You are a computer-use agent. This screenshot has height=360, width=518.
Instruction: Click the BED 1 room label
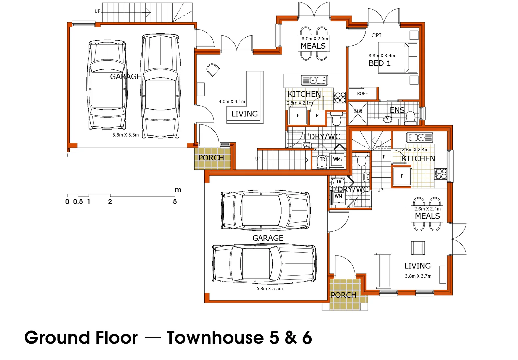(x=379, y=63)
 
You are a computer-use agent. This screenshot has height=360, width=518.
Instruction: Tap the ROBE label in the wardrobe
(x=362, y=94)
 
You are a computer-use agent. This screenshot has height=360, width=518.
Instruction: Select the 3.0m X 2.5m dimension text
(x=315, y=39)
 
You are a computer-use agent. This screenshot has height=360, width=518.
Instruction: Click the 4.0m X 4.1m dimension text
(x=232, y=102)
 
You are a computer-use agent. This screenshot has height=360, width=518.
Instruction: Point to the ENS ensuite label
(x=397, y=110)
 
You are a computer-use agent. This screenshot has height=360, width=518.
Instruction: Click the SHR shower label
(x=358, y=111)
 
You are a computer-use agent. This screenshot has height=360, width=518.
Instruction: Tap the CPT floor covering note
(x=376, y=35)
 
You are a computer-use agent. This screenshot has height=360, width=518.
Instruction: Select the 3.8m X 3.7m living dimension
(x=418, y=276)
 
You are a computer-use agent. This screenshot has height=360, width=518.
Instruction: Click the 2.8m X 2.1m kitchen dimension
(x=300, y=103)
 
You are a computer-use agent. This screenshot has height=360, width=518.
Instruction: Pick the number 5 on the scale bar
(x=175, y=202)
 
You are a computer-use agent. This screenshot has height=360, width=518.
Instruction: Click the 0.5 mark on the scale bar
(x=78, y=202)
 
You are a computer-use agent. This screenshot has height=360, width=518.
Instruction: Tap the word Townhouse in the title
(x=215, y=338)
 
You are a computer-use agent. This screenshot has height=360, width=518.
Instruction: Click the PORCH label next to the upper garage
(x=211, y=158)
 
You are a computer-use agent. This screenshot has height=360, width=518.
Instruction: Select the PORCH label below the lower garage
(x=343, y=295)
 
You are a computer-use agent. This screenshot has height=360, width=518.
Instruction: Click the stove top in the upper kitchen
(x=339, y=97)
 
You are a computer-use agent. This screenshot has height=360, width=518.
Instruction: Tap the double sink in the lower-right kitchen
(x=419, y=137)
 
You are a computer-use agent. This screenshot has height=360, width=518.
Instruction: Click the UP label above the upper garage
(x=97, y=11)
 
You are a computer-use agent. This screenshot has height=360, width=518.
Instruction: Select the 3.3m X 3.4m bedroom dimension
(x=382, y=56)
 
